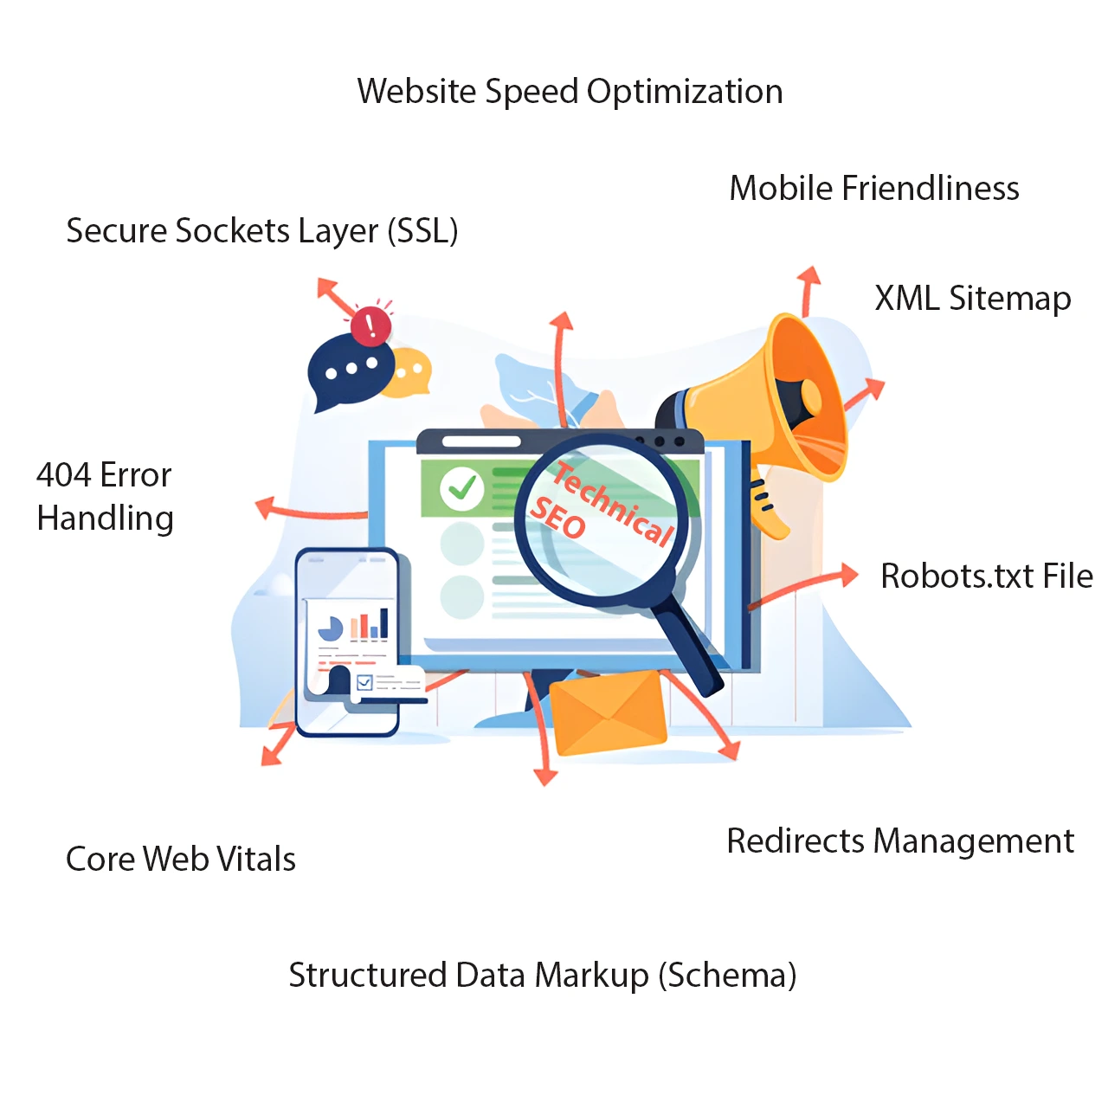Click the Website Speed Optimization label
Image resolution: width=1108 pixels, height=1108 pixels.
(570, 92)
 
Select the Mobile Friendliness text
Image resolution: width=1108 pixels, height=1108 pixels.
(874, 188)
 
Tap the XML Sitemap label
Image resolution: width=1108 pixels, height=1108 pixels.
(972, 299)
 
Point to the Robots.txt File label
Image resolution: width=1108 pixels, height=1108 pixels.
(986, 576)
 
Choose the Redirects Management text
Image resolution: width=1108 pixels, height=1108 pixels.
(900, 841)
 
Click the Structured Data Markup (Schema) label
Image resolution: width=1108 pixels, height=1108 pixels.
(542, 975)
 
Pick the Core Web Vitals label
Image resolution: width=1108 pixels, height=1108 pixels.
(181, 859)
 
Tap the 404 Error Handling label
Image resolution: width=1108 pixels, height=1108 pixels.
(105, 497)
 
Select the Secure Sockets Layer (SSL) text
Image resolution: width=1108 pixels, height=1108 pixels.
(262, 231)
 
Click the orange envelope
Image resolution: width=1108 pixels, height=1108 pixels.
(608, 712)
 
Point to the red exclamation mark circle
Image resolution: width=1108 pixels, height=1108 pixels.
(371, 325)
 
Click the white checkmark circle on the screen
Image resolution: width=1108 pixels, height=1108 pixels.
(461, 489)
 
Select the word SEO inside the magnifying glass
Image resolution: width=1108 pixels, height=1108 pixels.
(557, 519)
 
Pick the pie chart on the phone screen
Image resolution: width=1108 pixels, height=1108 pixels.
(330, 628)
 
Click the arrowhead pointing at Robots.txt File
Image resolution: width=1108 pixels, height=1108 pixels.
(847, 574)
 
